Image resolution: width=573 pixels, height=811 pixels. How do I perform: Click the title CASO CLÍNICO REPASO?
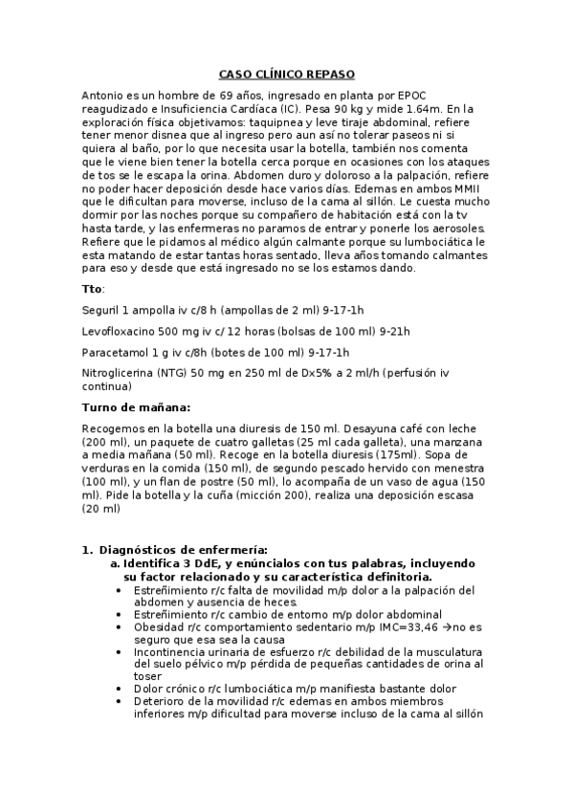click(x=286, y=74)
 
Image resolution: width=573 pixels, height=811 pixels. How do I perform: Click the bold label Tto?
click(x=92, y=288)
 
